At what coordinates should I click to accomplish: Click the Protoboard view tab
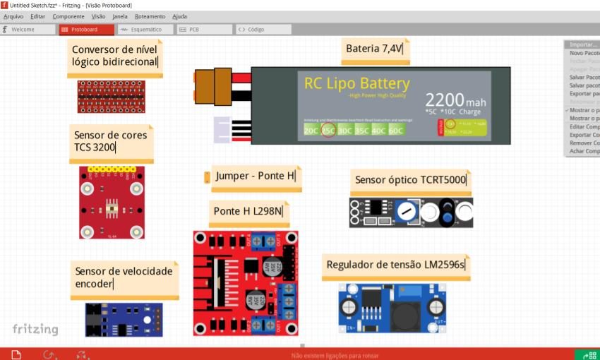[x=87, y=30]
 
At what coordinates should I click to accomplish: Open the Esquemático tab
[x=144, y=30]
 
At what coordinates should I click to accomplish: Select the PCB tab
[x=203, y=30]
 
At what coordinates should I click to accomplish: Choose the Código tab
[x=262, y=30]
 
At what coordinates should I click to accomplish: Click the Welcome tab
[x=28, y=30]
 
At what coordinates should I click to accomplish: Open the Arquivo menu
[x=13, y=16]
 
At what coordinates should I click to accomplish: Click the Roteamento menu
[x=149, y=16]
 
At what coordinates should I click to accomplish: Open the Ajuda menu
[x=179, y=16]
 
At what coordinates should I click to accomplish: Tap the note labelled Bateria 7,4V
[x=374, y=49]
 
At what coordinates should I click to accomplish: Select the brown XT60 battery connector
[x=213, y=85]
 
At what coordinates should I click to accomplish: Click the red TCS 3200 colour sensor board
[x=112, y=203]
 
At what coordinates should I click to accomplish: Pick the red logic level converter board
[x=111, y=96]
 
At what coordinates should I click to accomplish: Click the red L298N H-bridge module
[x=246, y=283]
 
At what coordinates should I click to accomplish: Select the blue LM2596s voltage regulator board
[x=392, y=308]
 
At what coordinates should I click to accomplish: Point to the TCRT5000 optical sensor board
[x=411, y=212]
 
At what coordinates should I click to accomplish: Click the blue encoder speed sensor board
[x=124, y=319]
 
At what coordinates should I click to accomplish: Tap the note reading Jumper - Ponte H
[x=256, y=176]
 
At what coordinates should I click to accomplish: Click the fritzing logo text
[x=35, y=329]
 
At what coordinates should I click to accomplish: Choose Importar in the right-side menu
[x=583, y=44]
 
